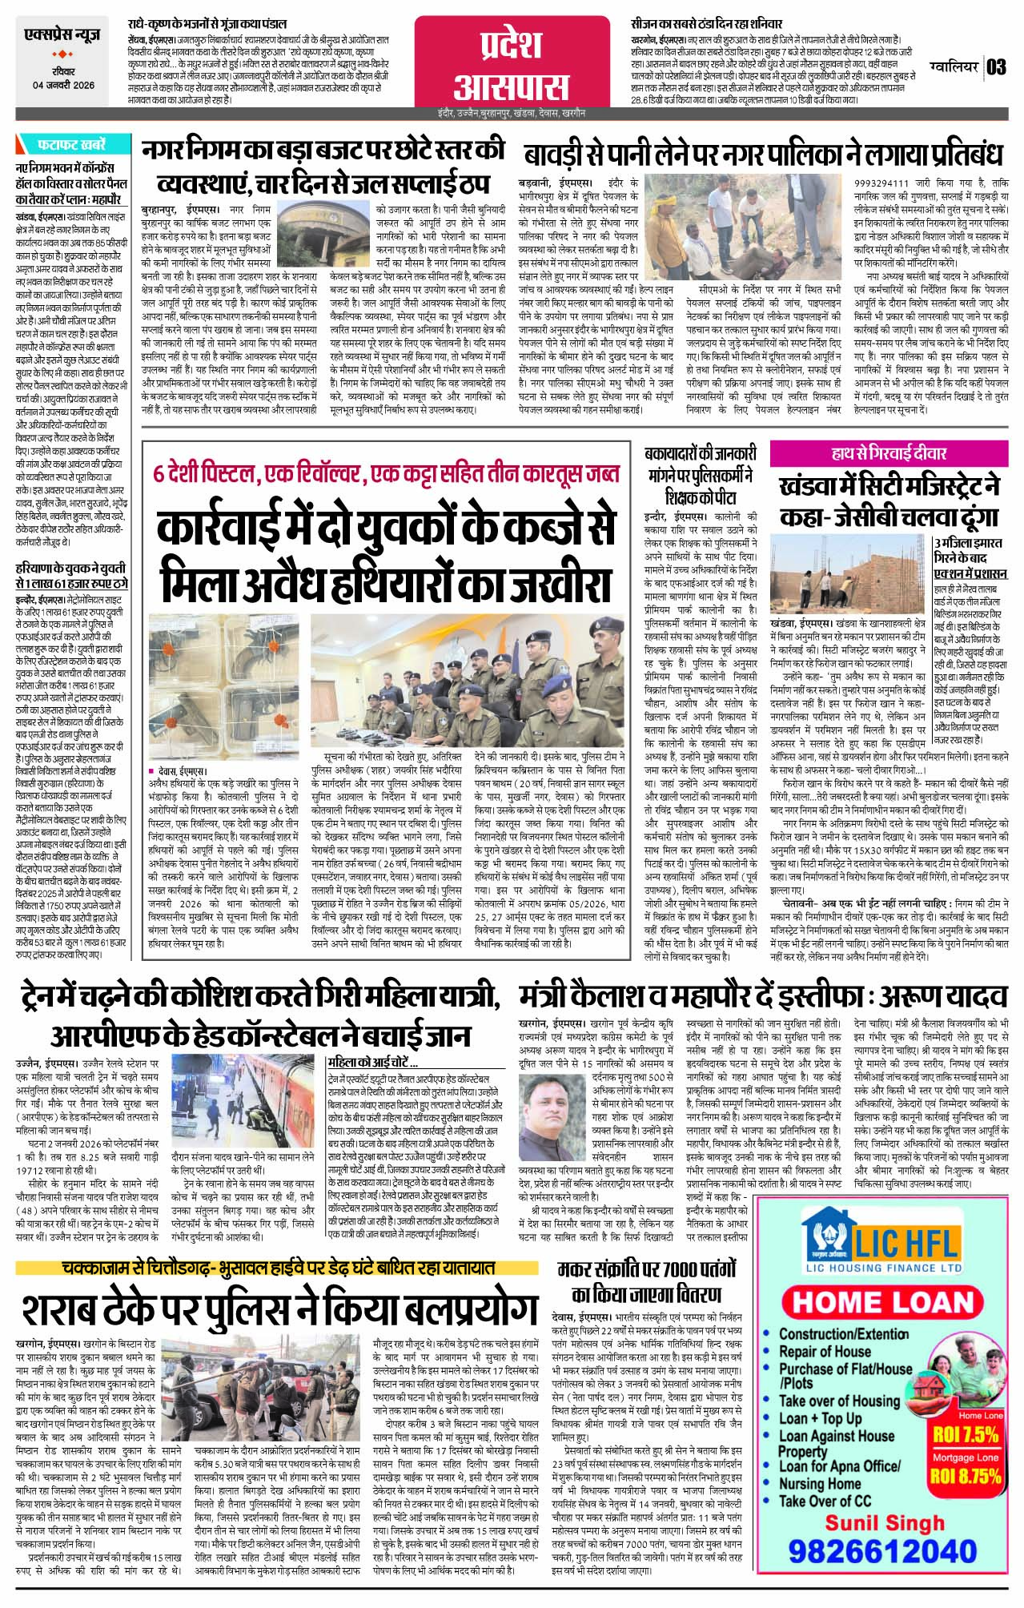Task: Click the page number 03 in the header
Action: point(996,66)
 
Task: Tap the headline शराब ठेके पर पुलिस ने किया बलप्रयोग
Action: point(278,1309)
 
